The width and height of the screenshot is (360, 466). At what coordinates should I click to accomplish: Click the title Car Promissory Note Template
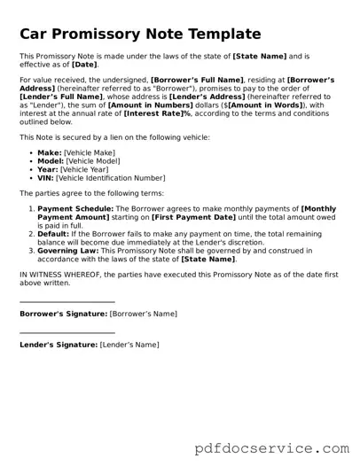tap(140, 35)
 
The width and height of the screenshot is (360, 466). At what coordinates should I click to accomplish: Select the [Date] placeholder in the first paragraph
tap(85, 65)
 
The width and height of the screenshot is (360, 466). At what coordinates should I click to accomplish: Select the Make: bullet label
tap(50, 153)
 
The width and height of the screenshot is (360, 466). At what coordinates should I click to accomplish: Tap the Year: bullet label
tap(48, 169)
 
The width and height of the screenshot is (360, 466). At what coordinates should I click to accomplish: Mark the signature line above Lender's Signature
tap(67, 333)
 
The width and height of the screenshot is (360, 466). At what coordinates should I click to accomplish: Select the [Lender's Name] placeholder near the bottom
tap(129, 345)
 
